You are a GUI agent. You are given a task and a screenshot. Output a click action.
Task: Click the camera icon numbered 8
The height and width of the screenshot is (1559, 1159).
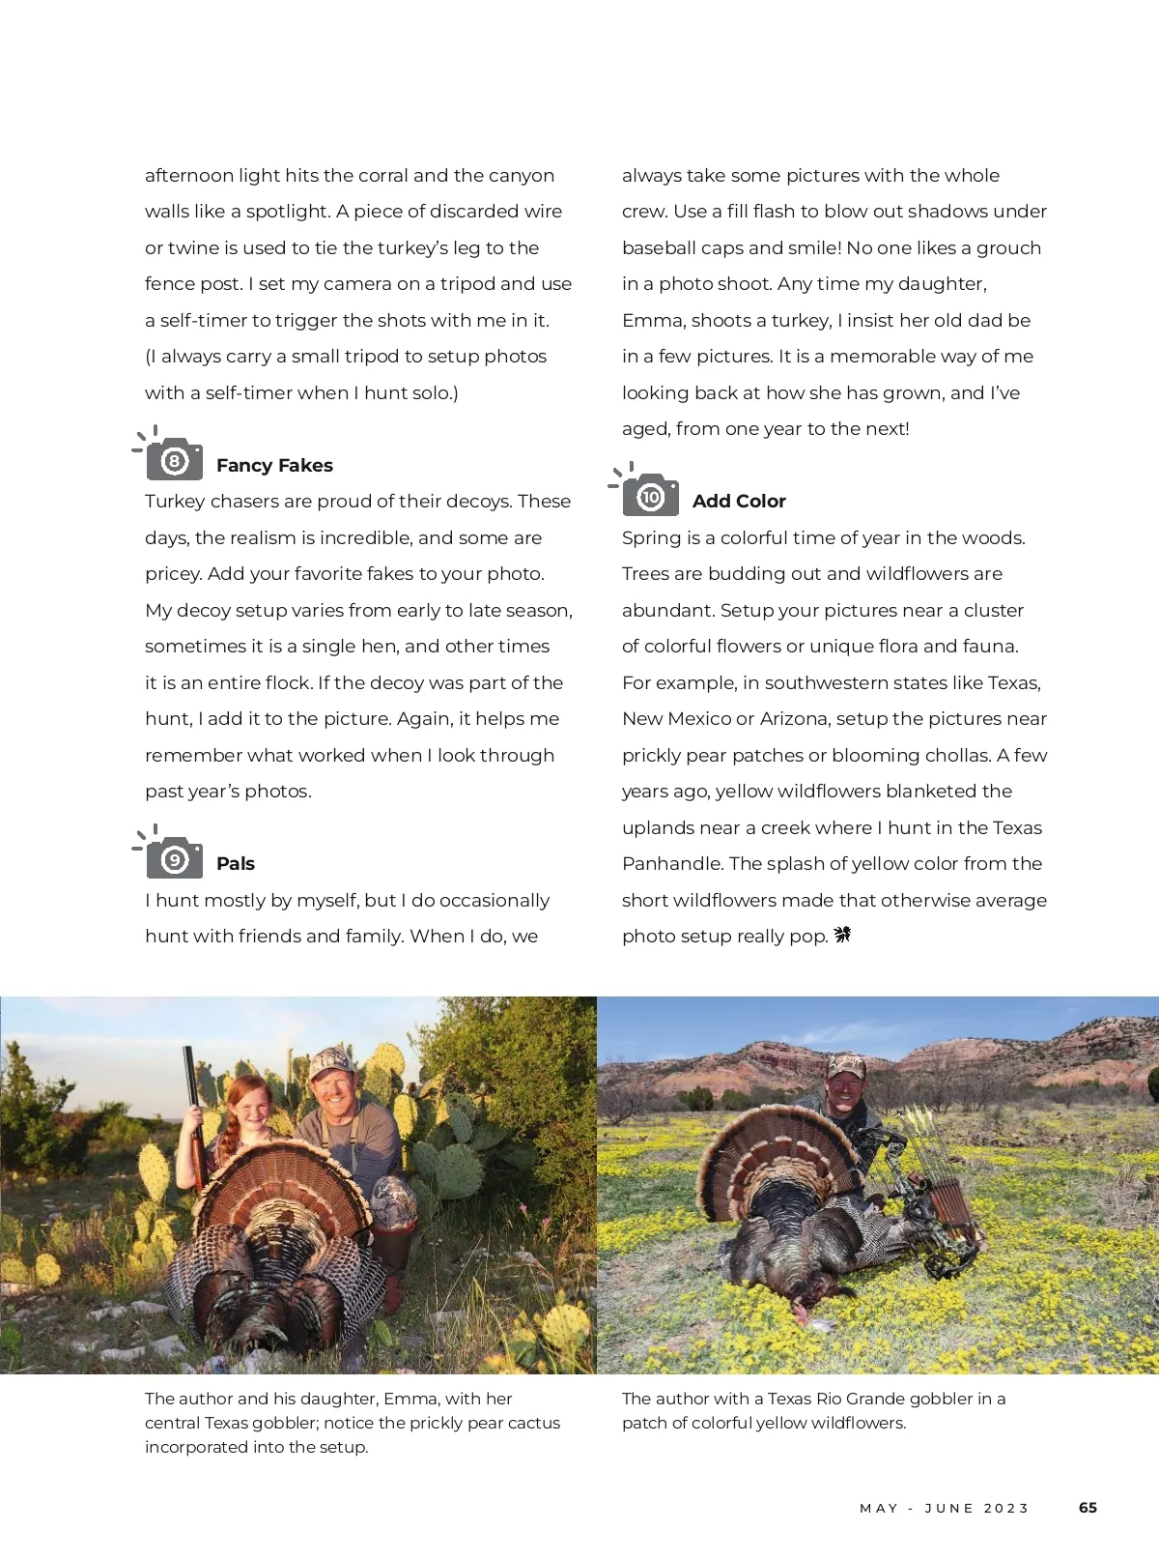(x=174, y=460)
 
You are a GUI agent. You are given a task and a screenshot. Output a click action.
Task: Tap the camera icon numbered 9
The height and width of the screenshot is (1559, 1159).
(x=174, y=858)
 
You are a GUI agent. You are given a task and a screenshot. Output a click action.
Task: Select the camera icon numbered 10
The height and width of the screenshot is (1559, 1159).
(x=650, y=496)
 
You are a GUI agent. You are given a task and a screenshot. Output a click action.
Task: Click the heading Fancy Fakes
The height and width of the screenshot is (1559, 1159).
(x=274, y=465)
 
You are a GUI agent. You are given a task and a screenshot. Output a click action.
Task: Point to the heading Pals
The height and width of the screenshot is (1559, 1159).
(x=236, y=863)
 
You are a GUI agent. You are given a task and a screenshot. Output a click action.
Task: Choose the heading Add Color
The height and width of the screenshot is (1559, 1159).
(x=739, y=501)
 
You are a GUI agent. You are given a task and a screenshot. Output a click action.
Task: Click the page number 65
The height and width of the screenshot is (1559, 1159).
(x=1088, y=1508)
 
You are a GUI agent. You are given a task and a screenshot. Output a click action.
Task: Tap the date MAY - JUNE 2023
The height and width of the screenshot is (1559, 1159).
(x=945, y=1508)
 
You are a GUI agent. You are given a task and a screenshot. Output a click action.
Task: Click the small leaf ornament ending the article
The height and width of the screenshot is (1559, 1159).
(x=842, y=935)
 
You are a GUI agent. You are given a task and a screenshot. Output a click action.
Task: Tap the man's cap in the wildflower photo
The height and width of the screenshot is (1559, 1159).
(x=846, y=1064)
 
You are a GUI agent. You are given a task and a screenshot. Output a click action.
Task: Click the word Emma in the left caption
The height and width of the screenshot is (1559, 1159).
(x=409, y=1399)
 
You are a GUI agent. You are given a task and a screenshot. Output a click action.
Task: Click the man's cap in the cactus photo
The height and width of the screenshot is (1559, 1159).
(x=329, y=1062)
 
